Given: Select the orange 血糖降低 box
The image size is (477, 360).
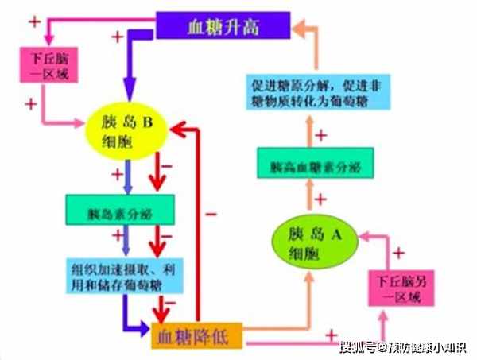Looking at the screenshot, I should (x=195, y=337).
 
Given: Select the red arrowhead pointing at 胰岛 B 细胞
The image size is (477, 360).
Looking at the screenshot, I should (x=182, y=126).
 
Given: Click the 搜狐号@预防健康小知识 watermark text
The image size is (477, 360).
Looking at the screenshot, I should (x=403, y=347).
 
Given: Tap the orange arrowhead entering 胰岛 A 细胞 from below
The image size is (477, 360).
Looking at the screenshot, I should (x=312, y=281).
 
